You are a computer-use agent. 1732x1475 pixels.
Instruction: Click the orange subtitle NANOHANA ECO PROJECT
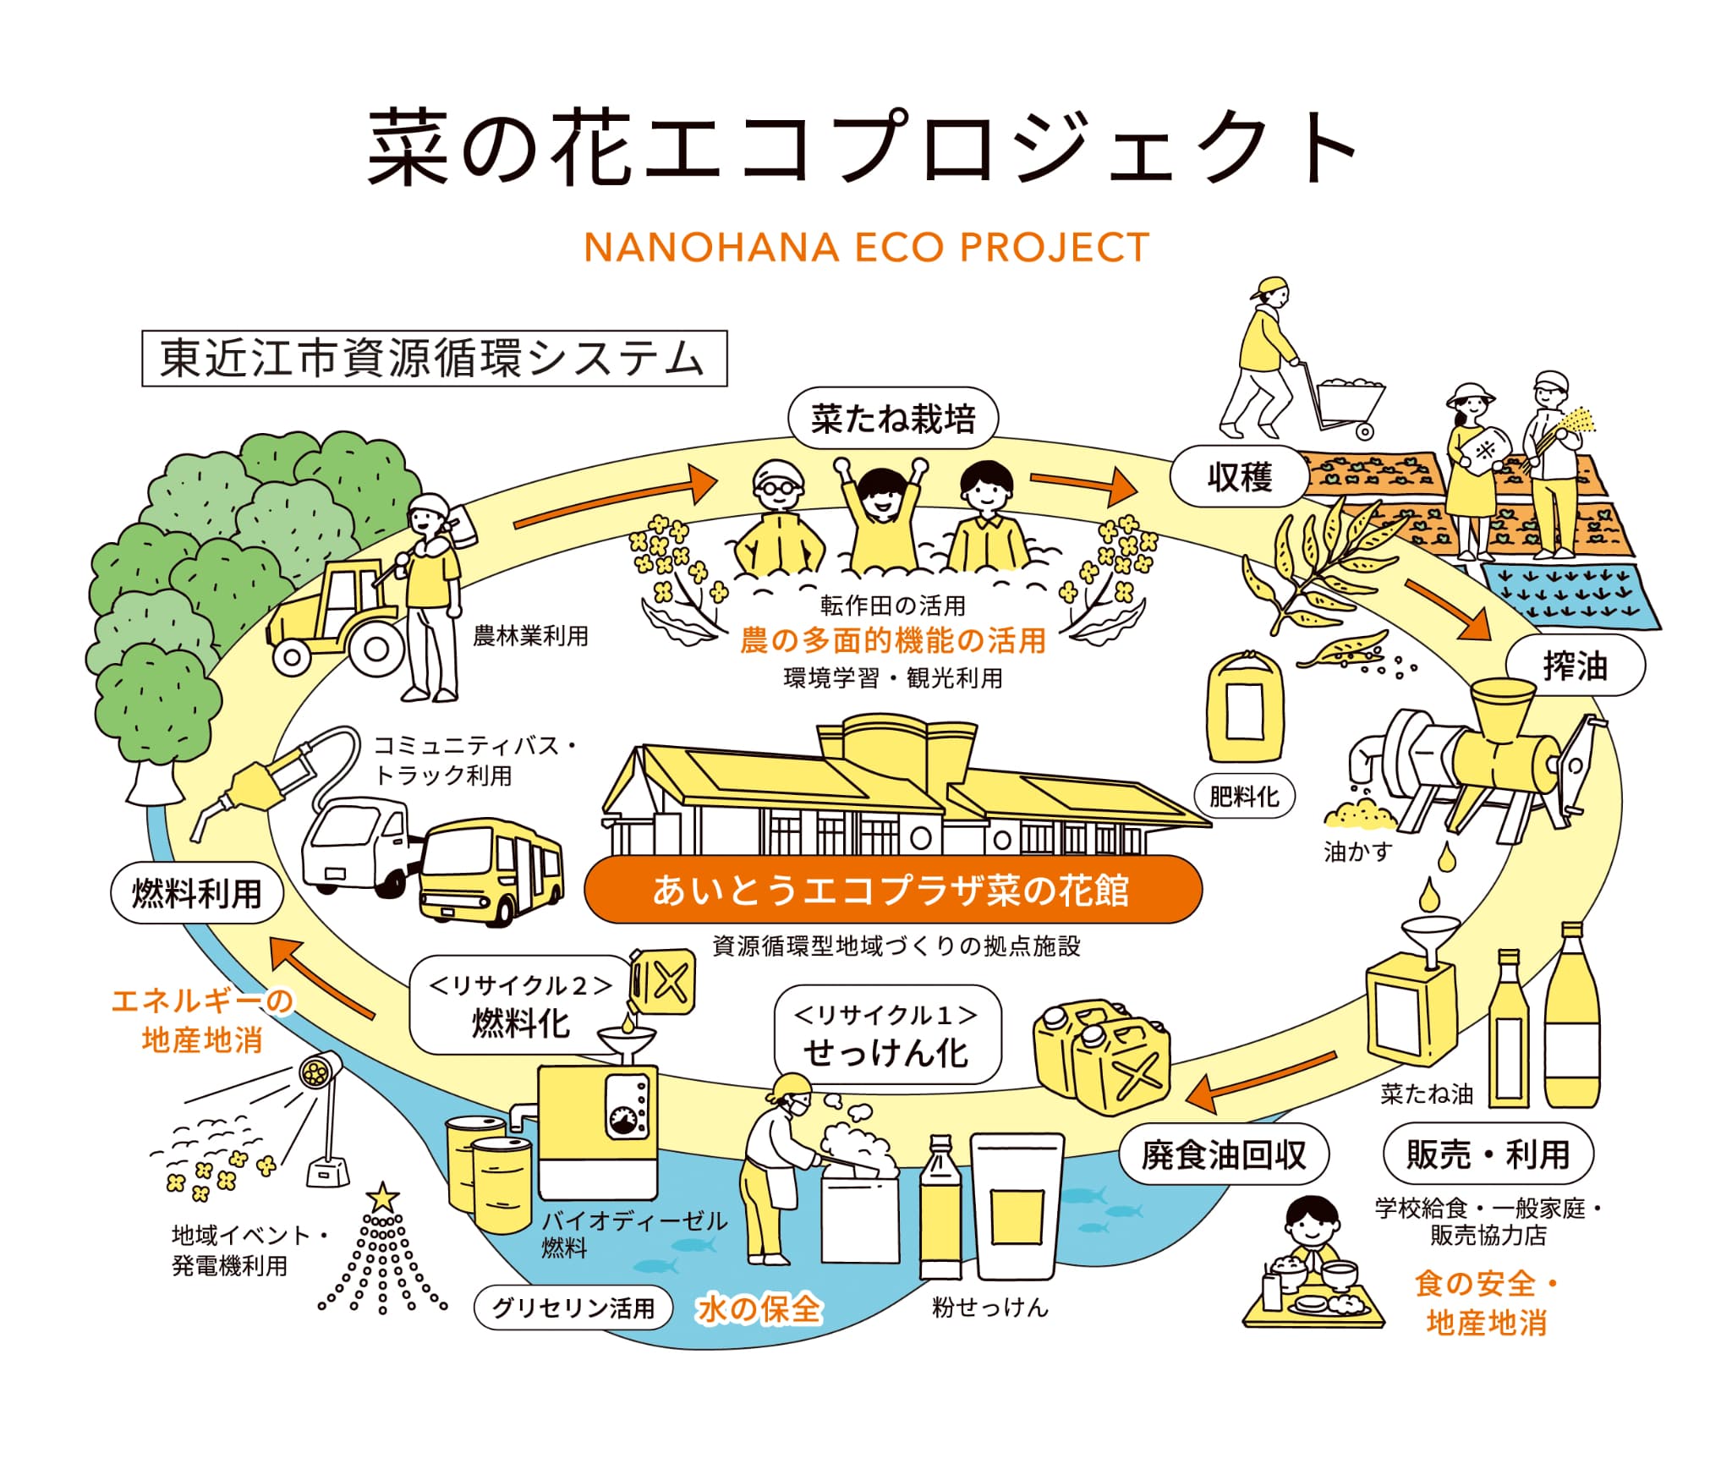coord(866,248)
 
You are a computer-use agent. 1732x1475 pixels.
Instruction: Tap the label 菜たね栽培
coord(893,419)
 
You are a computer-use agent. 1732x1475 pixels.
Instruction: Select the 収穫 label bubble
coord(1239,477)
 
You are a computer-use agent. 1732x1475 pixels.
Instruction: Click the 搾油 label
coord(1575,666)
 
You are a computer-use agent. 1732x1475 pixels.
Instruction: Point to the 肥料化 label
coord(1244,796)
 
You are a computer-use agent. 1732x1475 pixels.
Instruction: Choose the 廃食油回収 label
coord(1224,1154)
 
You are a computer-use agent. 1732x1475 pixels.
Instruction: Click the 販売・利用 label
coord(1488,1154)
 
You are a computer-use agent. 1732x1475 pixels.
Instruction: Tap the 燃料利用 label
coord(197,894)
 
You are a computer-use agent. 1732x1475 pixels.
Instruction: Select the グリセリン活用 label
coord(573,1308)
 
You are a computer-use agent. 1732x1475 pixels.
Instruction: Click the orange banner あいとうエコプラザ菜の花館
coord(892,891)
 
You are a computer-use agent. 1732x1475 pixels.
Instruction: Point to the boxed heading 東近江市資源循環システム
coord(434,359)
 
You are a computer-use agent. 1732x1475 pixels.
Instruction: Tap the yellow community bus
coord(491,871)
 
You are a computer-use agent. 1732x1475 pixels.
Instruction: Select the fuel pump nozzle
coord(254,787)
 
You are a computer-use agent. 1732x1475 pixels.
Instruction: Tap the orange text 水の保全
coord(759,1309)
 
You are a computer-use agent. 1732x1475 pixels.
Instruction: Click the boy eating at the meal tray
coord(1311,1235)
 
